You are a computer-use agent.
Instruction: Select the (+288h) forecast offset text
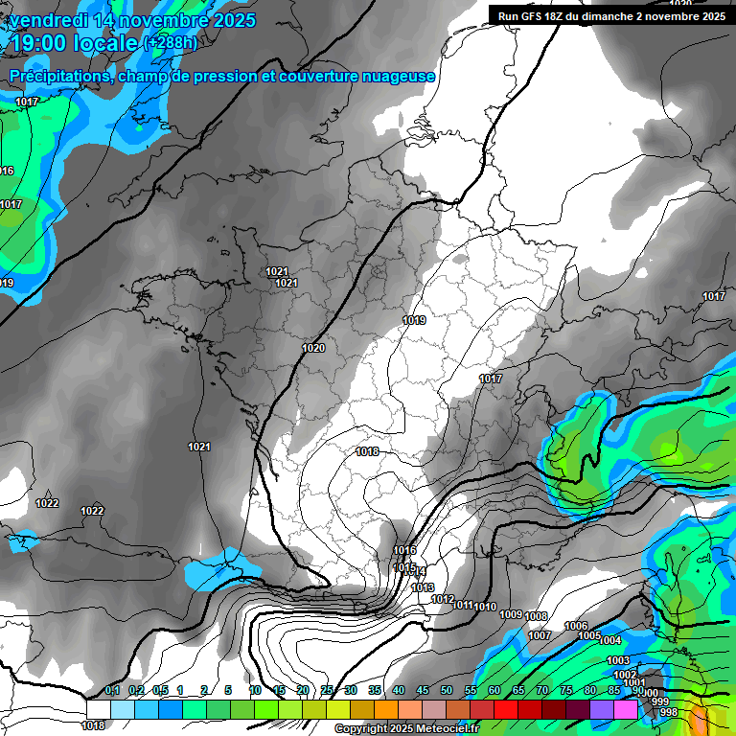click(x=171, y=43)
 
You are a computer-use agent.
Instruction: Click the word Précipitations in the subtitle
click(x=58, y=76)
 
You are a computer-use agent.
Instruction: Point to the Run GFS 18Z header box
click(x=610, y=15)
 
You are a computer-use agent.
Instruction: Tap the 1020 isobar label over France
click(x=312, y=349)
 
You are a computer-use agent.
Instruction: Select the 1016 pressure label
click(x=404, y=550)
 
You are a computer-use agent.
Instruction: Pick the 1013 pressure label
click(x=423, y=587)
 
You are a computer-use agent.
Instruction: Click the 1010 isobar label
click(x=485, y=607)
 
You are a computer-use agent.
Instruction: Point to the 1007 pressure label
click(x=540, y=635)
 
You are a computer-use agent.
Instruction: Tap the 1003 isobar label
click(x=618, y=661)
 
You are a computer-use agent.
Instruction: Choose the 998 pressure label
click(x=669, y=712)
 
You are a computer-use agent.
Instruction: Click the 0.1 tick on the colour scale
click(x=111, y=691)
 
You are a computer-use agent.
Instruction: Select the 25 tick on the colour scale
click(x=327, y=691)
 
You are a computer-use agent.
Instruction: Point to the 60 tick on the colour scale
click(x=494, y=691)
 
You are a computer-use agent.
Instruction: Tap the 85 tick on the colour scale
click(x=614, y=691)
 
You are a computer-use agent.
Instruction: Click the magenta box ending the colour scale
click(x=626, y=709)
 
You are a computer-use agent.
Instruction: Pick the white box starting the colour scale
click(x=98, y=709)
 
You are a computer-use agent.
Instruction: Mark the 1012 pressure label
click(x=443, y=600)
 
